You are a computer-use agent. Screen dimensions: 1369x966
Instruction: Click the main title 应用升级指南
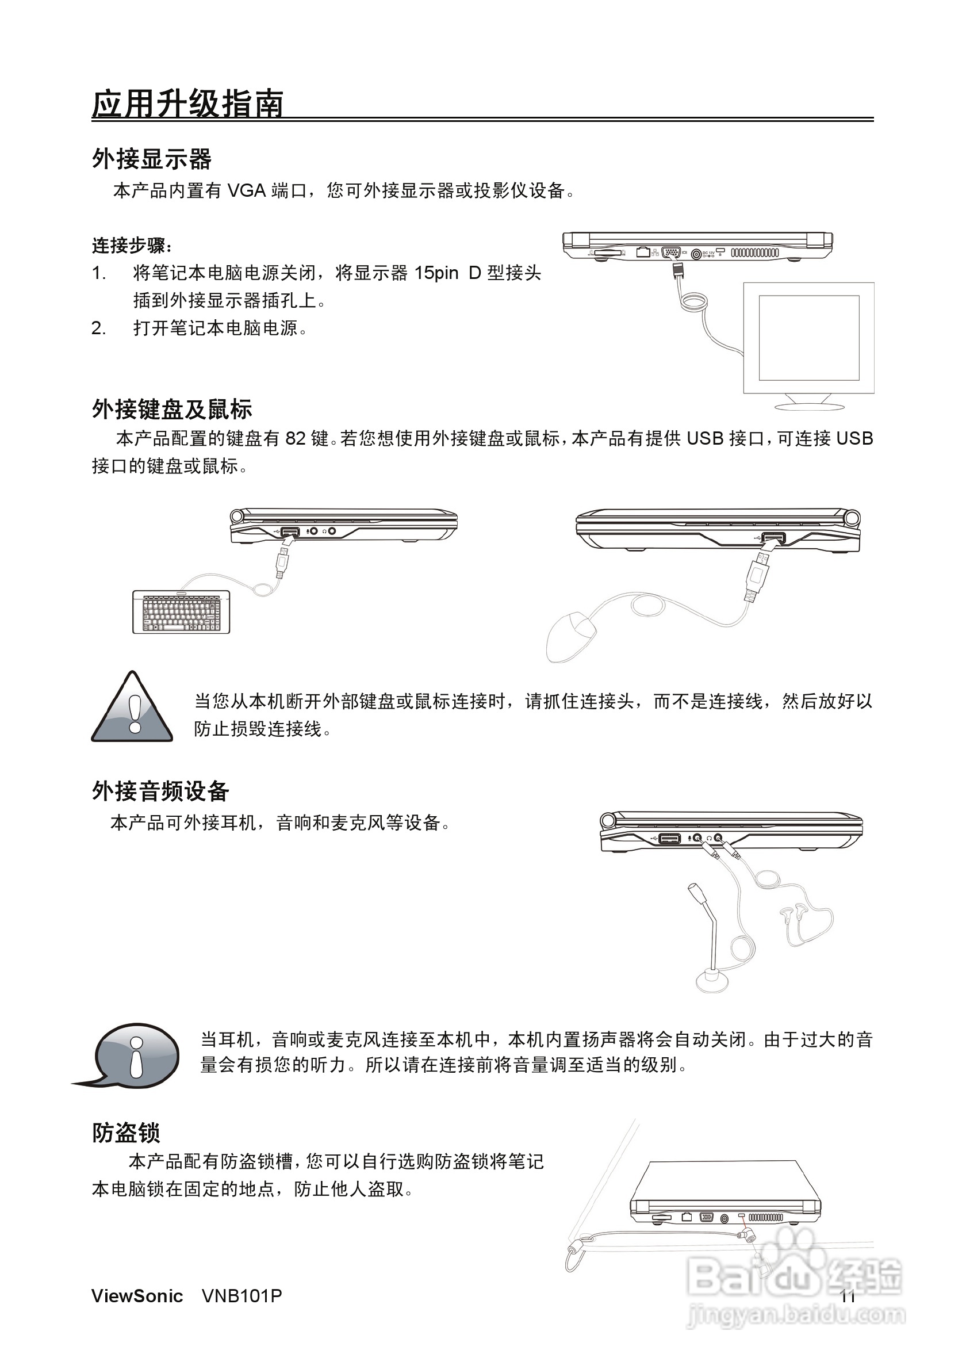coord(187,104)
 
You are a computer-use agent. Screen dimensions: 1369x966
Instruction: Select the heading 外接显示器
coord(151,159)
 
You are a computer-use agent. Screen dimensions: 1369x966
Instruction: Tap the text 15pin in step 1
coord(436,273)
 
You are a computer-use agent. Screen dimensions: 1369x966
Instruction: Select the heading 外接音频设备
coord(160,791)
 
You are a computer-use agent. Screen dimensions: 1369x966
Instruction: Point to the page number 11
coord(848,1297)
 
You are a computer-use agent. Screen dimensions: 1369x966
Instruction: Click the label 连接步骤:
coord(132,245)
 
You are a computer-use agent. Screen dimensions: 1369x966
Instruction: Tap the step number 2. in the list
coord(99,328)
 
